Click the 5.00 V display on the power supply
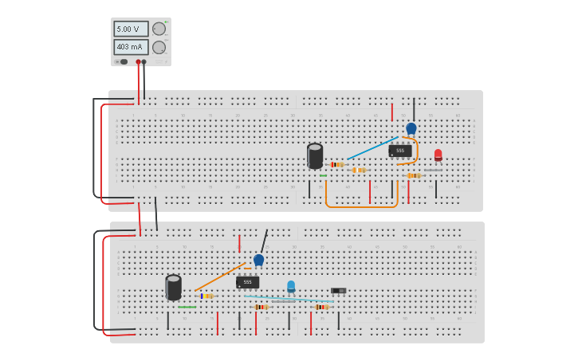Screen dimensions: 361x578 click(x=130, y=29)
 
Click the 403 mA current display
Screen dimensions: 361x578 click(x=130, y=47)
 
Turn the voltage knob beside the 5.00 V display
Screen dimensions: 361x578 click(x=159, y=29)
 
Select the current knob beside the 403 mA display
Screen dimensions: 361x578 click(x=159, y=47)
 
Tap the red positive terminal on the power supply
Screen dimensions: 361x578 click(x=138, y=61)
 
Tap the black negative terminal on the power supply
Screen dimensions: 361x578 click(x=144, y=61)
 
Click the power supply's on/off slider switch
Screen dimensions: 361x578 click(x=122, y=61)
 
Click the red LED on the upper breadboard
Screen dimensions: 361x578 click(x=438, y=155)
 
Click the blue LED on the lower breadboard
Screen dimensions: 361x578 click(x=291, y=286)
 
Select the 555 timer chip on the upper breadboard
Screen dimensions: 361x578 click(x=400, y=151)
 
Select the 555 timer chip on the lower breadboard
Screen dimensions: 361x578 click(x=247, y=282)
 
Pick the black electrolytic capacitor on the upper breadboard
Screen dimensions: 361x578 click(x=315, y=155)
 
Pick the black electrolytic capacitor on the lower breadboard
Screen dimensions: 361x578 click(x=173, y=287)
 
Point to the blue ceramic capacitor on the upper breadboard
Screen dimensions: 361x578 click(x=411, y=128)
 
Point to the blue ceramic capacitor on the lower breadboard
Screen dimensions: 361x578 click(x=258, y=260)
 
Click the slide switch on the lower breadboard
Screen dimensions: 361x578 click(x=338, y=291)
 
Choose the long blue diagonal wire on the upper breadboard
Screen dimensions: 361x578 click(x=372, y=147)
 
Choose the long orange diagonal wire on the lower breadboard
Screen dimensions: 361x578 click(x=219, y=277)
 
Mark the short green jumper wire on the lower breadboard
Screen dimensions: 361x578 click(x=187, y=307)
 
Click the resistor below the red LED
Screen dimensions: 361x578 click(x=413, y=175)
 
